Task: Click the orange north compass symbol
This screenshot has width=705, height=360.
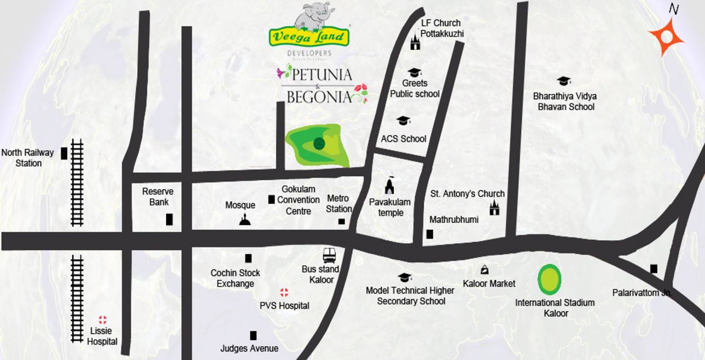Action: [x=666, y=36]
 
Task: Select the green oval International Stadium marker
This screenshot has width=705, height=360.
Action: [x=549, y=280]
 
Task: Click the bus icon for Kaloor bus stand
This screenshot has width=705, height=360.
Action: [x=330, y=255]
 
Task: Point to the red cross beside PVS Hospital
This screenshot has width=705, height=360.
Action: [x=284, y=292]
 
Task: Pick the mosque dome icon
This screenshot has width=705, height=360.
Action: [x=244, y=220]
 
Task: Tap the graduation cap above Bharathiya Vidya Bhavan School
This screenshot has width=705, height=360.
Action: [x=564, y=81]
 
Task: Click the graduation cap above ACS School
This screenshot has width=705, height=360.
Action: [x=403, y=121]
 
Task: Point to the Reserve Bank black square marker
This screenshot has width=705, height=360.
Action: [x=169, y=219]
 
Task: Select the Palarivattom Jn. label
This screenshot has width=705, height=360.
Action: [x=641, y=292]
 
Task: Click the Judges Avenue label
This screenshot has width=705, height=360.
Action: [x=249, y=348]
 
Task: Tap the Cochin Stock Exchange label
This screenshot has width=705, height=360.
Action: [x=235, y=278]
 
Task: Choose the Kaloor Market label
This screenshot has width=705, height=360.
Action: [x=489, y=283]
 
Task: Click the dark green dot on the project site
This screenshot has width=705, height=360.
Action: [x=318, y=143]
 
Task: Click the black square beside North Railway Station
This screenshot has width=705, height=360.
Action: [x=64, y=153]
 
